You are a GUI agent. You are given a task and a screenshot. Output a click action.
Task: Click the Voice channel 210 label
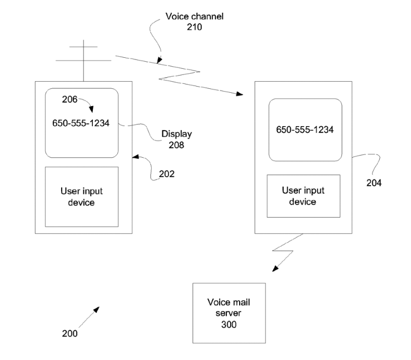(194, 22)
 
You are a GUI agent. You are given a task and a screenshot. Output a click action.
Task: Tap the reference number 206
(70, 99)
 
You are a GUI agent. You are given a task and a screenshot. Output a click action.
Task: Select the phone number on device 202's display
(81, 123)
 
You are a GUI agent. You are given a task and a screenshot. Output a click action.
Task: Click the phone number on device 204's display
(305, 129)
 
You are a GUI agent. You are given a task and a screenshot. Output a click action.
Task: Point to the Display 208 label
(176, 139)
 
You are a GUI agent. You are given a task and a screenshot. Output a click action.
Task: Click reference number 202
(167, 174)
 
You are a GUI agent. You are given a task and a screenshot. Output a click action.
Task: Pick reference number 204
(374, 183)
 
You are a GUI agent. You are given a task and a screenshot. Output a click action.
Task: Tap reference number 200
(70, 333)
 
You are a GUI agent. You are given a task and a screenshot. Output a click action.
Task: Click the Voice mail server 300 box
(229, 313)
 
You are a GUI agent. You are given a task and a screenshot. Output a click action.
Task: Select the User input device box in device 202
(82, 197)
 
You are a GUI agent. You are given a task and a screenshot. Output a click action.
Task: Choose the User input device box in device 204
(304, 196)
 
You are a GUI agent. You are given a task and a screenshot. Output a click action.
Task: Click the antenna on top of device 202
(83, 61)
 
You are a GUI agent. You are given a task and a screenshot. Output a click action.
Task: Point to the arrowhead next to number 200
(97, 309)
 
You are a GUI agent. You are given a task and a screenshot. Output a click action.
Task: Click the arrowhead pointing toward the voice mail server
(275, 268)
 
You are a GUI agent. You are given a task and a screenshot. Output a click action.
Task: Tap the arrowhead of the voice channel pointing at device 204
(240, 94)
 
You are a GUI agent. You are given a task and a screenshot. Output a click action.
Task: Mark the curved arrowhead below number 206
(91, 109)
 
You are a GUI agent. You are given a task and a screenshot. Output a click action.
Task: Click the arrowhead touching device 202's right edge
(136, 157)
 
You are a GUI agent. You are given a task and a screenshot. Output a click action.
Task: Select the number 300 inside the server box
(229, 324)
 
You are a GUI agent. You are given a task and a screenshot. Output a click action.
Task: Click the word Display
(177, 134)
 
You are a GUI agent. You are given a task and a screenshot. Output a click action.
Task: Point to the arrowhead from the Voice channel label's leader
(160, 60)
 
